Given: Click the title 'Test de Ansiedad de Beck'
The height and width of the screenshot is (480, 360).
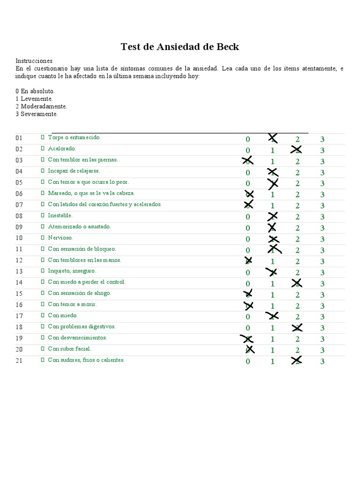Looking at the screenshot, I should click(180, 46).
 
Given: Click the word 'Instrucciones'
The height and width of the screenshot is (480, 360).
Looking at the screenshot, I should click(34, 61).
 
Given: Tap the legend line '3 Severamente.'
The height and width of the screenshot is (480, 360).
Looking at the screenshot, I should click(37, 114).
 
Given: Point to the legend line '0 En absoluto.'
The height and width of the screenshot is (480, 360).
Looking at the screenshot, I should click(35, 91).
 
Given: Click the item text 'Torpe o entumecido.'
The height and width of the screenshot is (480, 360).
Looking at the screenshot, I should click(74, 137).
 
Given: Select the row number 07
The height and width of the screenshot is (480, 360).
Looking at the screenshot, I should click(19, 205).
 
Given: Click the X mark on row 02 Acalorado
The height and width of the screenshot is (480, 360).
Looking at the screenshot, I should click(296, 150).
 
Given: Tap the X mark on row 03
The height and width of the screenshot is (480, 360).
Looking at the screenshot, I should click(247, 161).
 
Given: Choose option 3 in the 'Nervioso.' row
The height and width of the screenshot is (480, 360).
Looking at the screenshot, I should click(322, 239).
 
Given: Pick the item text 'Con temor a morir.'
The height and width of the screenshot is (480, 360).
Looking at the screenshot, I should click(72, 304).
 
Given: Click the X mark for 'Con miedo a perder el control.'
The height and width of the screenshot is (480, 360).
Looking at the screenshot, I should click(296, 283).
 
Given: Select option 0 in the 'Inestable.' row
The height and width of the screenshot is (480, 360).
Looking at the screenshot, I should click(248, 217).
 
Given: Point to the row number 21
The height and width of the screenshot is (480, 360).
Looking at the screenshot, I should click(19, 361).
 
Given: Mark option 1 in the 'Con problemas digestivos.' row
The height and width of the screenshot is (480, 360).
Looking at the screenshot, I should click(272, 328).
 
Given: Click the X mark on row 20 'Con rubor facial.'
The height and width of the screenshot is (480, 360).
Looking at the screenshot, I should click(250, 349).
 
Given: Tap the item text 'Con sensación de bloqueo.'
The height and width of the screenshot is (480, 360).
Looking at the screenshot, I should click(82, 249).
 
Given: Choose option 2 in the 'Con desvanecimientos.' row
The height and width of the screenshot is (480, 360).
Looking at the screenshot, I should click(297, 339).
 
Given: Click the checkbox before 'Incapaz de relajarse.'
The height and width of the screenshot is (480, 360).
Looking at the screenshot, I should click(42, 171).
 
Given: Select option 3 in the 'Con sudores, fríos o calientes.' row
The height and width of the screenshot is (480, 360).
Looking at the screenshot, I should click(322, 361).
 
